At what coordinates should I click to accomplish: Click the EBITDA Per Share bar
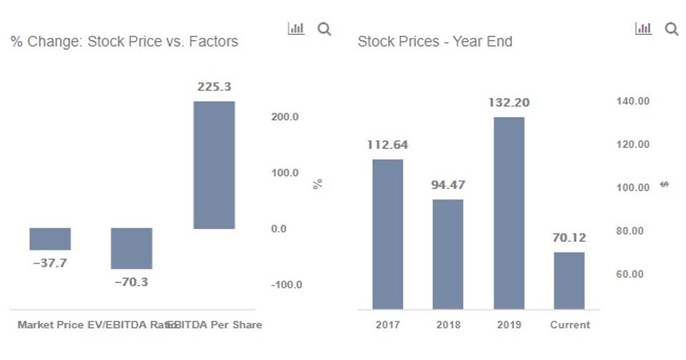pos(214,165)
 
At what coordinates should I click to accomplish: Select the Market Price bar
pos(50,238)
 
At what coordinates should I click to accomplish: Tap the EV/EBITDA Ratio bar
pos(132,248)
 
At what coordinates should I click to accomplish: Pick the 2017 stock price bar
pos(387,234)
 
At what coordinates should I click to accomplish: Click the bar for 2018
pos(448,254)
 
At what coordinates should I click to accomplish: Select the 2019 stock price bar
pos(508,213)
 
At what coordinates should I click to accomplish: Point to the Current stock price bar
pos(569,280)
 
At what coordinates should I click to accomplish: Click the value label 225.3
pos(214,87)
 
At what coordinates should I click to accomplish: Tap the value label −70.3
pos(131,282)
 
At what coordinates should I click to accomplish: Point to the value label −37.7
pos(50,263)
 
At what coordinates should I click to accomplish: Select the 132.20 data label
pos(508,103)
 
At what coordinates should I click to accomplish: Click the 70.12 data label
pos(569,238)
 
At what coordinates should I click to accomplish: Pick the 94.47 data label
pos(448,185)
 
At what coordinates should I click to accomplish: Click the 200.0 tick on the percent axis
pos(285,117)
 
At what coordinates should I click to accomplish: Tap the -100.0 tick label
pos(286,285)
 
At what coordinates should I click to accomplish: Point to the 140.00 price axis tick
pos(632,102)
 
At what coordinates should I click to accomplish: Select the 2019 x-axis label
pos(508,325)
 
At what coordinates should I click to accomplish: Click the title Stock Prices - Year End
pos(435,42)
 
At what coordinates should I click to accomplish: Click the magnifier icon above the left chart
pos(324,29)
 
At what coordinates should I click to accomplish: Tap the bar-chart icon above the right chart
pos(643,29)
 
